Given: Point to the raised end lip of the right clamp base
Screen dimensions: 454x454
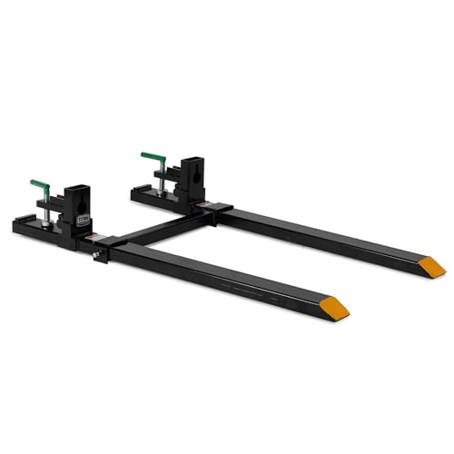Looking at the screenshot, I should coord(136,191).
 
